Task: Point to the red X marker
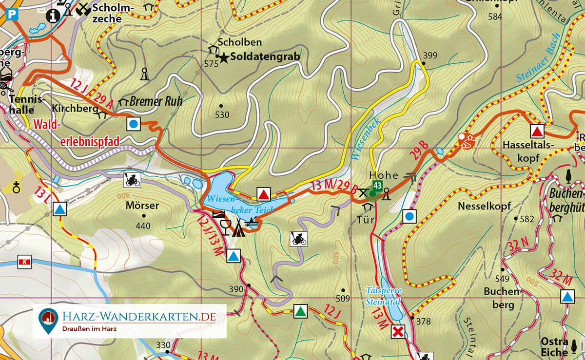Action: [x=399, y=332]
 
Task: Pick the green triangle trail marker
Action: [x=301, y=311]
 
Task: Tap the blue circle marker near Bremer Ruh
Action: [x=134, y=124]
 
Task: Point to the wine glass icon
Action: [x=225, y=227]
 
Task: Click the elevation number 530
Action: [x=222, y=115]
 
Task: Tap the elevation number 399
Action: [x=430, y=55]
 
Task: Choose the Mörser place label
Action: [x=142, y=206]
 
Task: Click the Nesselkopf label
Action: [x=484, y=207]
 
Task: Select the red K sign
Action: [x=23, y=262]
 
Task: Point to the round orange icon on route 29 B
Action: [x=467, y=141]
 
